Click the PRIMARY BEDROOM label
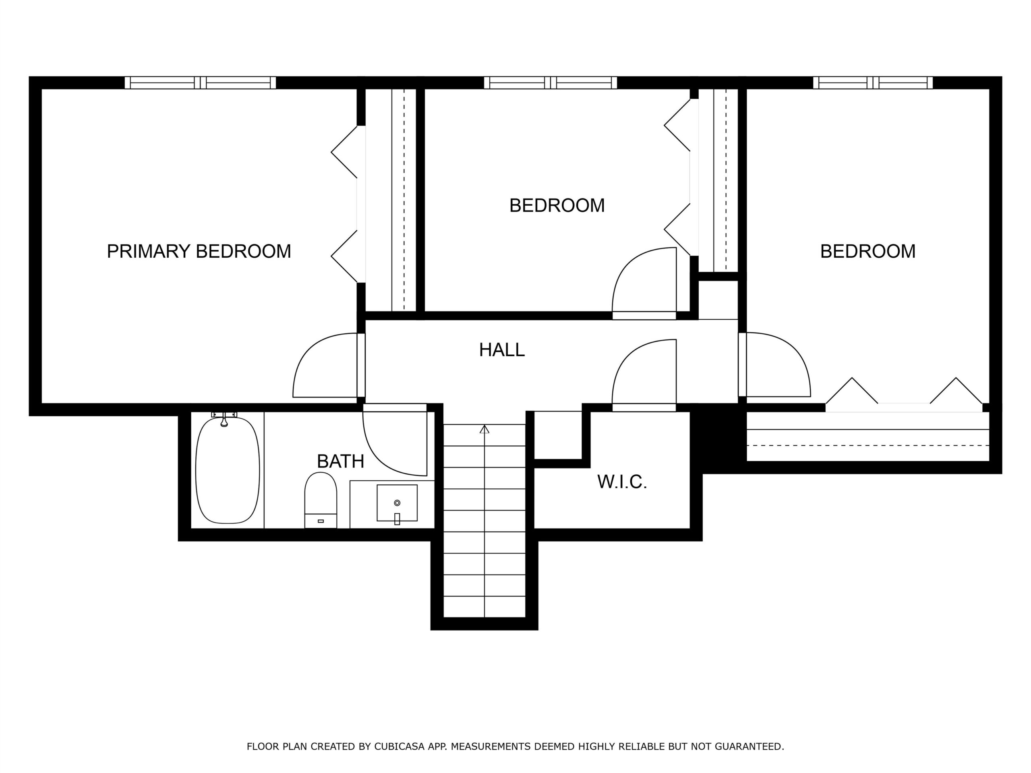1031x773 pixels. [x=199, y=251]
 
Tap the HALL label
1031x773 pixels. [x=502, y=349]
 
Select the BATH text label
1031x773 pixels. [x=340, y=461]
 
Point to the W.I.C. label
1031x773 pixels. [x=622, y=482]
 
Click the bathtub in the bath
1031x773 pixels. [x=228, y=470]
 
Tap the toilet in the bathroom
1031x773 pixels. [x=321, y=500]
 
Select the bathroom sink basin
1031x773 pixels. [x=397, y=503]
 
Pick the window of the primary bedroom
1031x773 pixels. [x=201, y=83]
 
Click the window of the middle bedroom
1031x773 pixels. [x=551, y=83]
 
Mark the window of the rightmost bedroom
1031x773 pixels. [x=873, y=83]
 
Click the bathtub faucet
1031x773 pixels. [x=224, y=420]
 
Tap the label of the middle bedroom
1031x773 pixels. [x=557, y=205]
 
